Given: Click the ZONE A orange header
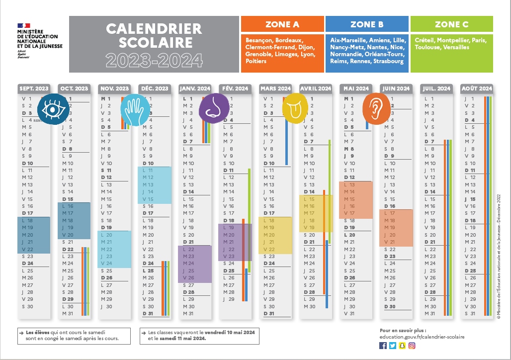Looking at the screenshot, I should click(x=282, y=24).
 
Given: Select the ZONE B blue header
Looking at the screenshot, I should click(x=367, y=24).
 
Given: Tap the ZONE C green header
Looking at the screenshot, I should click(x=451, y=24).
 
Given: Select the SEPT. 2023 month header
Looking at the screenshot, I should click(x=34, y=89).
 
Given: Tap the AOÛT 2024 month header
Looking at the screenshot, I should click(x=477, y=89).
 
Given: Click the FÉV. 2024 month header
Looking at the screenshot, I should click(x=235, y=89).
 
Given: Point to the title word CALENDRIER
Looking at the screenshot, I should click(x=154, y=29).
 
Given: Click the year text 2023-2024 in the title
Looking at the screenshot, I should click(x=154, y=60).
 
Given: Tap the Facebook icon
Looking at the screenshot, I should click(x=383, y=346).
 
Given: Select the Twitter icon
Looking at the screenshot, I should click(x=392, y=346).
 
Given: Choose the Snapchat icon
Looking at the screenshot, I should click(x=402, y=346).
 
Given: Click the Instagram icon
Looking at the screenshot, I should click(x=412, y=346).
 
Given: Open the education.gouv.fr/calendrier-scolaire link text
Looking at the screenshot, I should click(x=422, y=337).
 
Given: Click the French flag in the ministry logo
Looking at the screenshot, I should click(x=24, y=25).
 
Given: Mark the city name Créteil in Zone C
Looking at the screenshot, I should click(x=424, y=40).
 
